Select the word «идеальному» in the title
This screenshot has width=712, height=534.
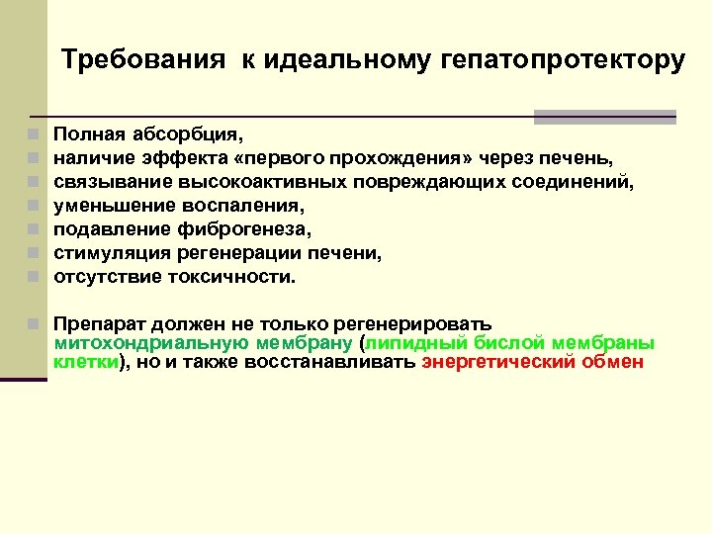point(343,60)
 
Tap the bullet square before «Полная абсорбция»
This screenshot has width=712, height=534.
point(34,133)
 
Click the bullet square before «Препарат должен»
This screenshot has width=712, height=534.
point(34,324)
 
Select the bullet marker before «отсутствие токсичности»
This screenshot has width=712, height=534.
point(34,278)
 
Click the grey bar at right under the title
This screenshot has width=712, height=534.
point(604,117)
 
